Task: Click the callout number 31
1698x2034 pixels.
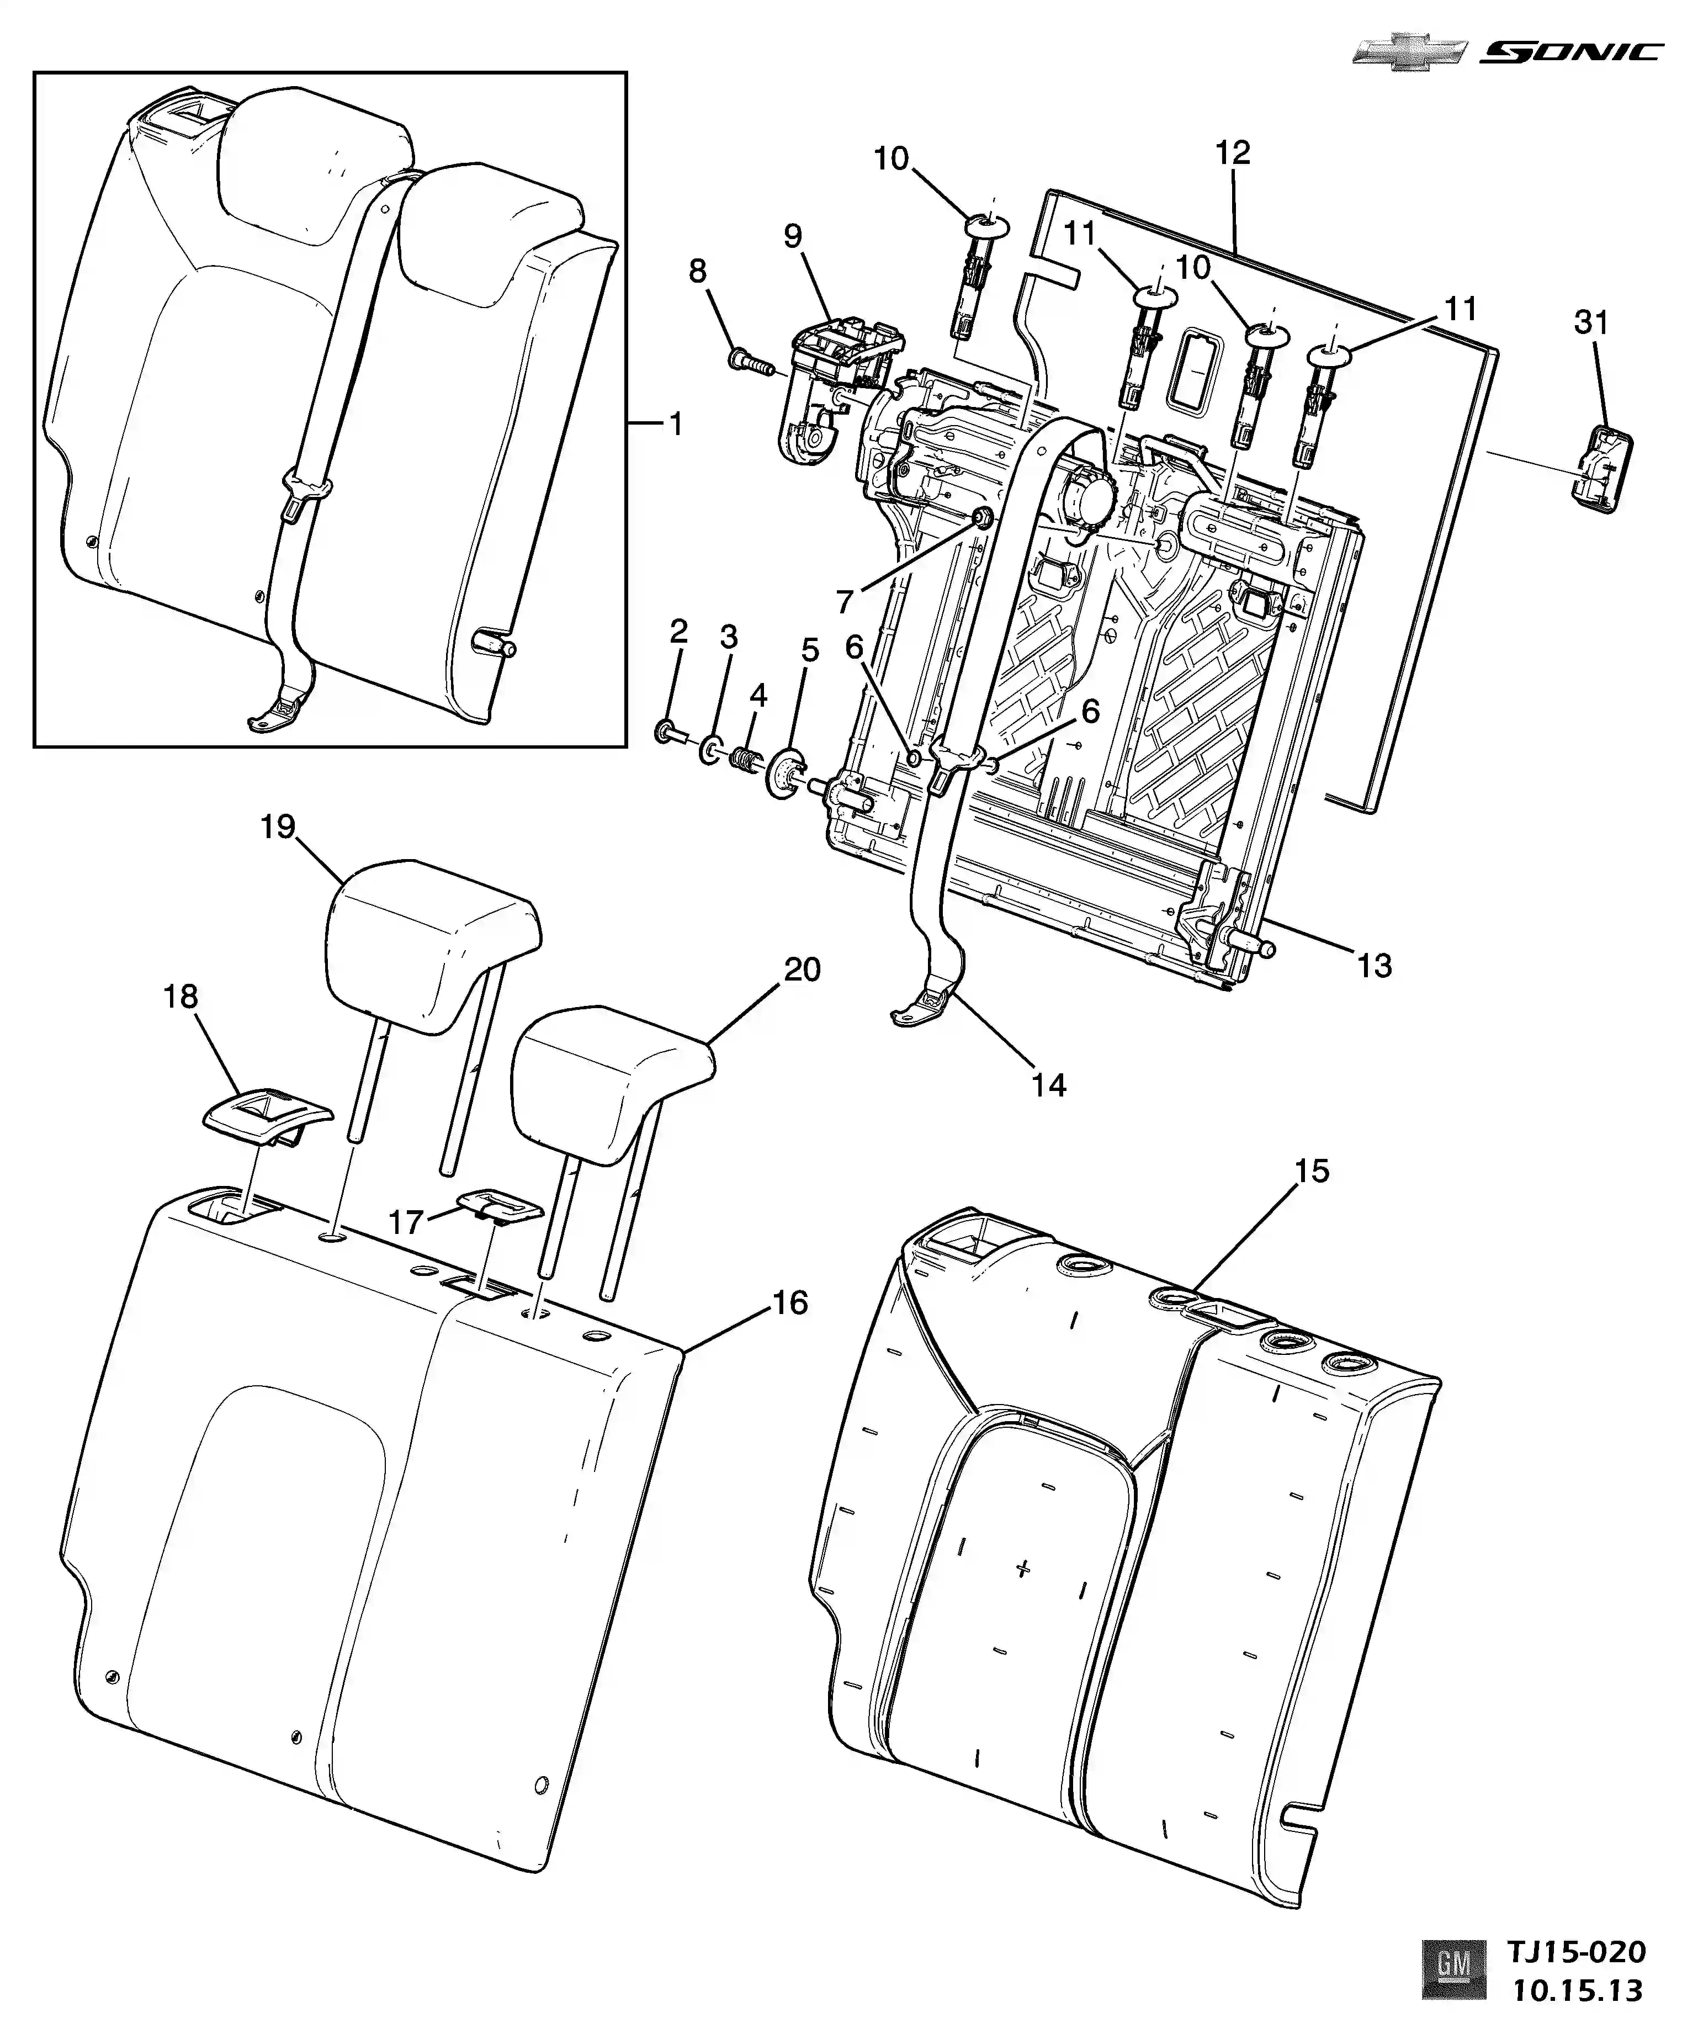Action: pyautogui.click(x=1591, y=322)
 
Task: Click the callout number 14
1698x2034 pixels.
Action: pyautogui.click(x=1049, y=1085)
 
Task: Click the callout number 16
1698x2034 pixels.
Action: pyautogui.click(x=790, y=1303)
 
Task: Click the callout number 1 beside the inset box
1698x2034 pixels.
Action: pyautogui.click(x=675, y=423)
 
